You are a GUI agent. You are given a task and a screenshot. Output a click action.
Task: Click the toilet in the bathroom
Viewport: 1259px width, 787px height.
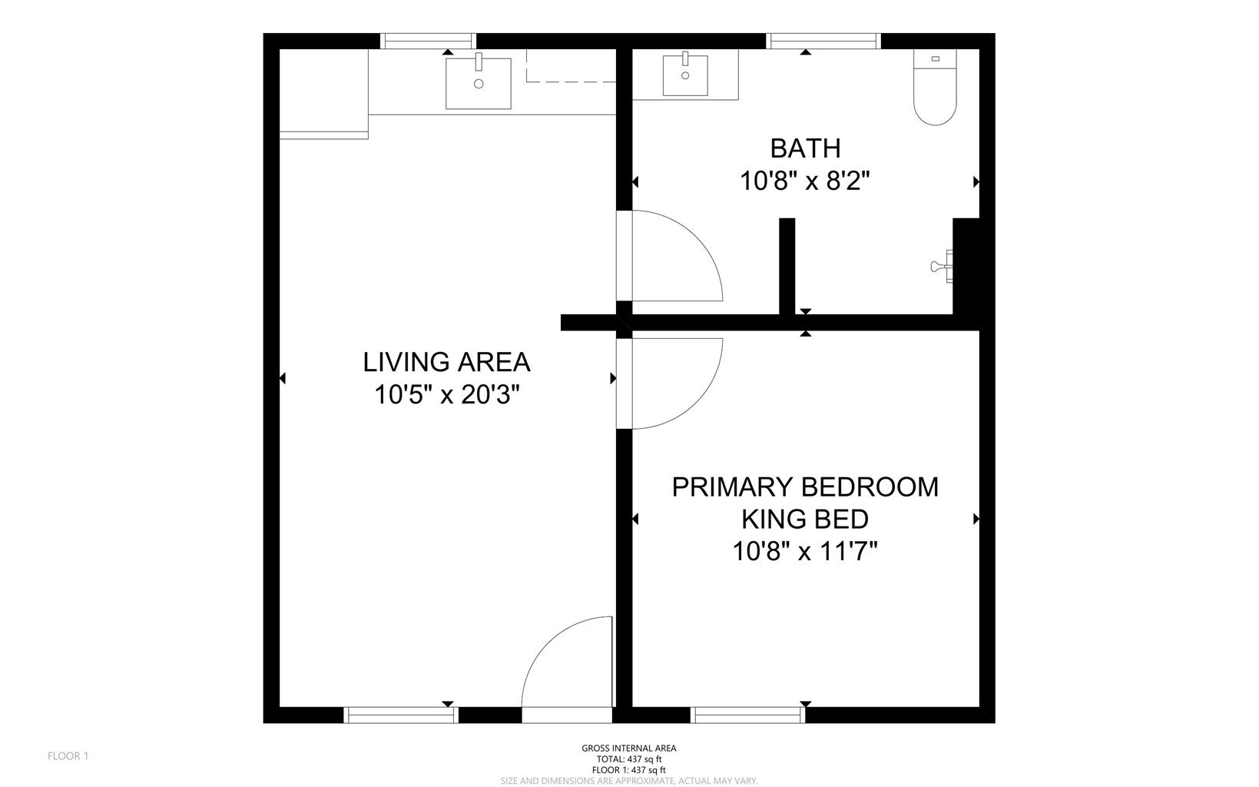935,87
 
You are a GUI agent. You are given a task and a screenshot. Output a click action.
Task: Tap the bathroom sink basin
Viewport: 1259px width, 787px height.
685,75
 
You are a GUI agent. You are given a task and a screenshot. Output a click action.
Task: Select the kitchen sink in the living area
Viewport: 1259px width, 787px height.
479,83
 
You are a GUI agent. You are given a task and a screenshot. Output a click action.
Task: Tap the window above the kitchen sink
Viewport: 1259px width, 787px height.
429,41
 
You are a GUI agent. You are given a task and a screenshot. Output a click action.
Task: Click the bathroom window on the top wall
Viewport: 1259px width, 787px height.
823,41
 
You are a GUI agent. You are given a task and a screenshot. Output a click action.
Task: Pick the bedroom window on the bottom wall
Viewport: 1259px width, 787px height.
747,715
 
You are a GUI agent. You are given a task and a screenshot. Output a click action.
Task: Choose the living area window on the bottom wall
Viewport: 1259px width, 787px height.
401,715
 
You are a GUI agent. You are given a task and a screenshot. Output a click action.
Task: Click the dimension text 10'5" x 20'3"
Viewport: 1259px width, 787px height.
447,394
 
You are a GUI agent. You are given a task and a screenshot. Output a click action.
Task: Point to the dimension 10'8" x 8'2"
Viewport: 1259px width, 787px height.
805,181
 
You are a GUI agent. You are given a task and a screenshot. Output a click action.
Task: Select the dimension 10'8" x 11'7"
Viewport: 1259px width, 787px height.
805,551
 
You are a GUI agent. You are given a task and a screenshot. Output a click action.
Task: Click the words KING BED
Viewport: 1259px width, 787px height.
805,520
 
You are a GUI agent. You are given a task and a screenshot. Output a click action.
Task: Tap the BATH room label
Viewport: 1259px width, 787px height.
806,148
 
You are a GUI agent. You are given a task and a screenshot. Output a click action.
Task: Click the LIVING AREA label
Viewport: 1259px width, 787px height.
447,362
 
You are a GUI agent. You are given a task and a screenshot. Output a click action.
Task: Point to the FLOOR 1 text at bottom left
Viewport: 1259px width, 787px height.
68,756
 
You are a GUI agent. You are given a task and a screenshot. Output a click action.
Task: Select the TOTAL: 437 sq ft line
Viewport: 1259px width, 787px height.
629,759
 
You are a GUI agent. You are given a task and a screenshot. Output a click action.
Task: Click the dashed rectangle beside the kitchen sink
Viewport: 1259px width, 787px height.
571,66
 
